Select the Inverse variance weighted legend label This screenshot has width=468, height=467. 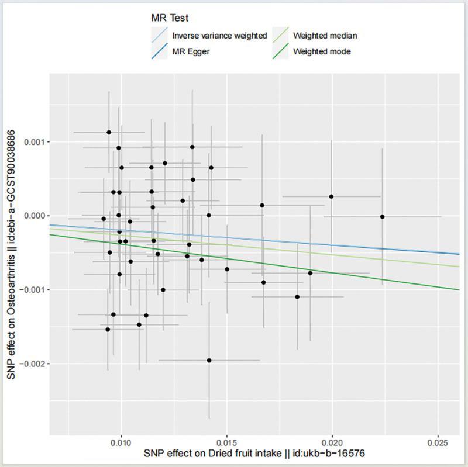pyautogui.click(x=219, y=36)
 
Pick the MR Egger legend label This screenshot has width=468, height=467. pyautogui.click(x=191, y=51)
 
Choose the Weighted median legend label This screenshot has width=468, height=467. pyautogui.click(x=325, y=36)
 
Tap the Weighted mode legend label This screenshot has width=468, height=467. pyautogui.click(x=322, y=51)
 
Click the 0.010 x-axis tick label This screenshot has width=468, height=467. pyautogui.click(x=121, y=443)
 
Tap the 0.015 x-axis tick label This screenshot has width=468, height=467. pyautogui.click(x=226, y=443)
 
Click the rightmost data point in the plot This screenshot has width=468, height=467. pyautogui.click(x=382, y=217)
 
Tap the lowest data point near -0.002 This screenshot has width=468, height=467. pyautogui.click(x=209, y=361)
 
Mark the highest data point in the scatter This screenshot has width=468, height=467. pyautogui.click(x=109, y=132)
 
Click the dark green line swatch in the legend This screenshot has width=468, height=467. pyautogui.click(x=281, y=51)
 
